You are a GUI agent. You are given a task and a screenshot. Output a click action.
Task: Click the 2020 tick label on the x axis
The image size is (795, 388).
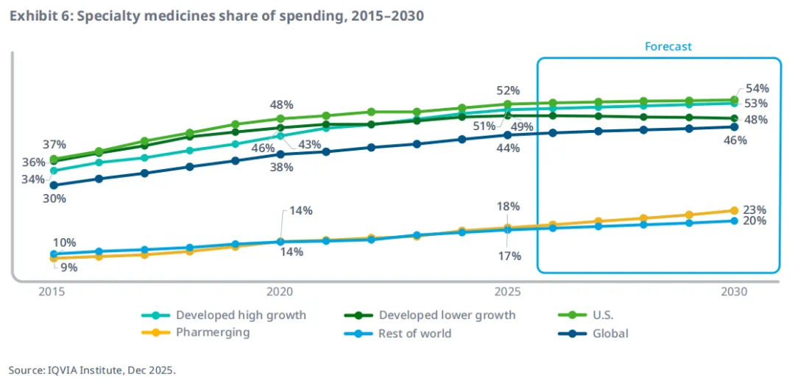[280, 291]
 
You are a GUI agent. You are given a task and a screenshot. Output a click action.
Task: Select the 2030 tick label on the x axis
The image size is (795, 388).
[734, 291]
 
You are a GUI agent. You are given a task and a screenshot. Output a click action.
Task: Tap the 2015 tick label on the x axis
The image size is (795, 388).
[53, 291]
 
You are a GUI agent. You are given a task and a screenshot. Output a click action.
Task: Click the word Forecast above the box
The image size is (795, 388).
[668, 46]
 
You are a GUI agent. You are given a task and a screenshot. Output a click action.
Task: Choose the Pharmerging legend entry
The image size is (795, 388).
[213, 333]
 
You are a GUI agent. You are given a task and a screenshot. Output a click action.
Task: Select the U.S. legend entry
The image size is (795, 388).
[602, 315]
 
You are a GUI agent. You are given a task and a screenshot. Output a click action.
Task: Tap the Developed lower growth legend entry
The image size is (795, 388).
[447, 315]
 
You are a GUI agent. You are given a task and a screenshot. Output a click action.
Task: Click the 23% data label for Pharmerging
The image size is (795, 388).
[756, 209]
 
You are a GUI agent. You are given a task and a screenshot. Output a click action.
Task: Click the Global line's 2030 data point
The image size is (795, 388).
[734, 126]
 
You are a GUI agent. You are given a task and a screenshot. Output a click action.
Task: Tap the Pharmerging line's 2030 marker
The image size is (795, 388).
[734, 210]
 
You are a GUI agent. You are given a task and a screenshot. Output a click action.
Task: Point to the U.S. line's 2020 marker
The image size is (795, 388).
[280, 118]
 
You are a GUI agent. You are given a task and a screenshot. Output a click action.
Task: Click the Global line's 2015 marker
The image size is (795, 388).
[53, 185]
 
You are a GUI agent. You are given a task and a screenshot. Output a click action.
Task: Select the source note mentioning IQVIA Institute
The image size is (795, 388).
[93, 370]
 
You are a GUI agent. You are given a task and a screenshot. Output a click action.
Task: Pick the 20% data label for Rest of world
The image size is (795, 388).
[756, 221]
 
